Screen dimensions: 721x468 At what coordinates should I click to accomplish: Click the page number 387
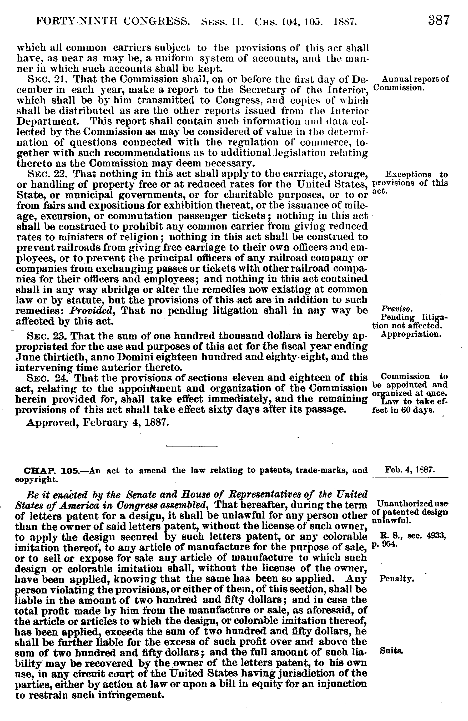click(x=439, y=21)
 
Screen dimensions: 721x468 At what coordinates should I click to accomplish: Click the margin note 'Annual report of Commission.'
click(x=411, y=83)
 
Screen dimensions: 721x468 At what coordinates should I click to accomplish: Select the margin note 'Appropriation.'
click(x=411, y=334)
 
